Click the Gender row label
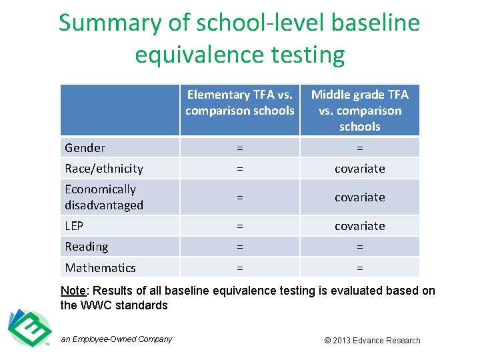85,148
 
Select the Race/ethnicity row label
104,169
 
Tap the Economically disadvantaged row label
104,197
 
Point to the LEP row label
74,226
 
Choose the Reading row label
87,247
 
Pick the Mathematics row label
100,268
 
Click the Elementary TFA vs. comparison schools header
240,103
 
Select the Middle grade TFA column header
360,110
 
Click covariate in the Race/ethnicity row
360,169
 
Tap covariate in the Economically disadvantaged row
360,197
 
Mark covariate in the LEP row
360,226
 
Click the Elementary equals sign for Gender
239,148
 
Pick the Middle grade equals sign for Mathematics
360,268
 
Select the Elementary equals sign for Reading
239,247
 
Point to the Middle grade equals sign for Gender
360,148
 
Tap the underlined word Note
73,291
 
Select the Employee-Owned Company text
117,339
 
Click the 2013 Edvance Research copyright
372,340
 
